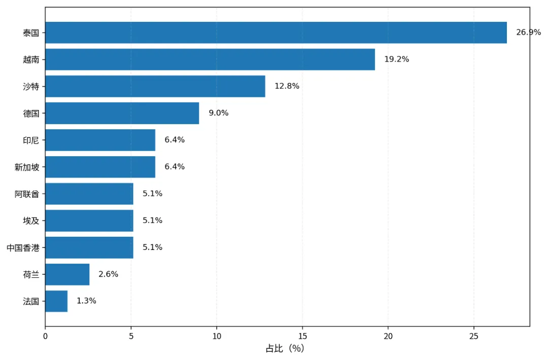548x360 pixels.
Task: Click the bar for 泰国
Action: click(x=276, y=32)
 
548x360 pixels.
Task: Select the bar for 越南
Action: click(x=210, y=59)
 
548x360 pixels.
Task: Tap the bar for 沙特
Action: click(x=155, y=86)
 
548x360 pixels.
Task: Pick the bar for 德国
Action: click(x=122, y=113)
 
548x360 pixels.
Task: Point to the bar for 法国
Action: click(x=56, y=301)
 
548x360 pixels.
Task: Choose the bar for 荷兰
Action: click(x=67, y=274)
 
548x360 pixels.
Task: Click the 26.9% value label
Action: click(x=528, y=32)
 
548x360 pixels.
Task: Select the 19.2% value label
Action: click(x=397, y=59)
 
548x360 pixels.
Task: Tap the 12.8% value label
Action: click(x=287, y=86)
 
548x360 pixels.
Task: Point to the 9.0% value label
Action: click(x=218, y=113)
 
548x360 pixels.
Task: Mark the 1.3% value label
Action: click(x=86, y=301)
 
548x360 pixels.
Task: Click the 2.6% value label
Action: click(x=109, y=274)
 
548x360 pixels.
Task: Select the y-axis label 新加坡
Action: click(x=27, y=167)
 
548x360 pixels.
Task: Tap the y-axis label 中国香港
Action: click(x=23, y=248)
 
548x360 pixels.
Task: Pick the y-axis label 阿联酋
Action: click(x=27, y=194)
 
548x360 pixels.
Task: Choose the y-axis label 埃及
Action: click(x=31, y=221)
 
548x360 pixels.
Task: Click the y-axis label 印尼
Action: click(x=31, y=140)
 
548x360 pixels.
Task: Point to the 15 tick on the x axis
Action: click(x=302, y=336)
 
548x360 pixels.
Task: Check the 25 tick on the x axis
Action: click(x=474, y=336)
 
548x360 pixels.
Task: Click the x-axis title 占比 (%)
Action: click(x=285, y=348)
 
